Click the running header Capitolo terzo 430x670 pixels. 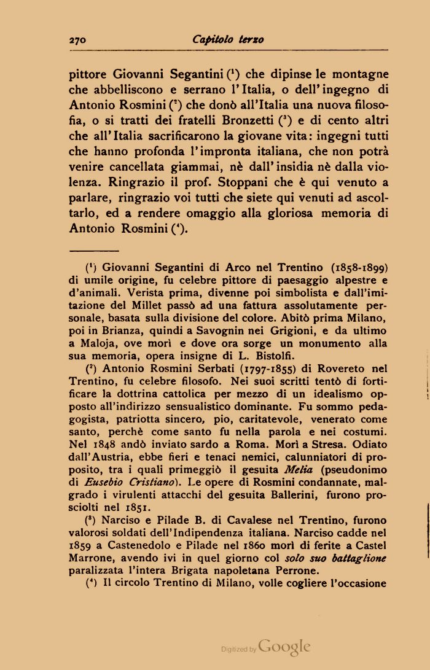pyautogui.click(x=228, y=40)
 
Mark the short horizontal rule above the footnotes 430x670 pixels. pyautogui.click(x=94, y=251)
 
